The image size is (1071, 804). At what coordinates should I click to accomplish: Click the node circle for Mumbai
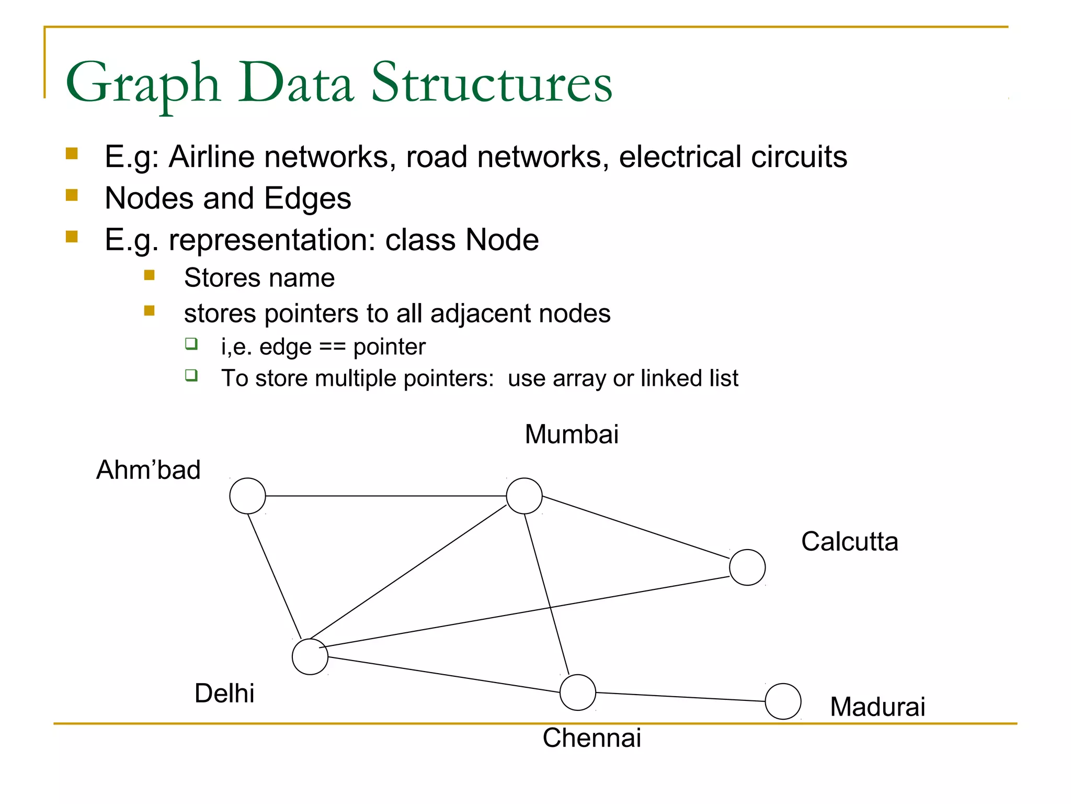[x=524, y=496]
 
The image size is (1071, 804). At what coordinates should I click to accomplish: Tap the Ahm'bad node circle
[x=247, y=496]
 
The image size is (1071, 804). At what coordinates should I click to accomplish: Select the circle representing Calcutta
[x=747, y=567]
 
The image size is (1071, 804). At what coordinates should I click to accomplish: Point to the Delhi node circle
[x=310, y=656]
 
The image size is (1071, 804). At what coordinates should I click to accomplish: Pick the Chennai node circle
[x=577, y=693]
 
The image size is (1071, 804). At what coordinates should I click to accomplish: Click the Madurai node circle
[x=783, y=701]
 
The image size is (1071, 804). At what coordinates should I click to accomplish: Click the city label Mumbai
[x=572, y=434]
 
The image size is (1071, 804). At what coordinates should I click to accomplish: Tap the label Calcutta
[x=850, y=542]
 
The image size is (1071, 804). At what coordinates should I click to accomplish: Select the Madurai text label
[x=878, y=707]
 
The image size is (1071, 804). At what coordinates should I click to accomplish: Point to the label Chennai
[x=591, y=738]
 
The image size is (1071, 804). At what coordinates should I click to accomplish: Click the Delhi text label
[x=224, y=694]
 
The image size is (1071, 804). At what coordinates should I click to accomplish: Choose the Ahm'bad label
[x=149, y=470]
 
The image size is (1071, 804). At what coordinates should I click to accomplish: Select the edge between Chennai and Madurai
[x=680, y=697]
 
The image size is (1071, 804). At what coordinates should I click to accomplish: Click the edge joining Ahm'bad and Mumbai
[x=386, y=496]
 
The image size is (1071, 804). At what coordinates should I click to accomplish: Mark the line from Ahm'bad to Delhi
[x=275, y=576]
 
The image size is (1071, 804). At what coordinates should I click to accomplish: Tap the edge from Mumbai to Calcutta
[x=635, y=527]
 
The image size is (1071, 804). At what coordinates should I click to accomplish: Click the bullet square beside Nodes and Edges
[x=72, y=196]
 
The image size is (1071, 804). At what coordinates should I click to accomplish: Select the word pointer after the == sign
[x=390, y=347]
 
